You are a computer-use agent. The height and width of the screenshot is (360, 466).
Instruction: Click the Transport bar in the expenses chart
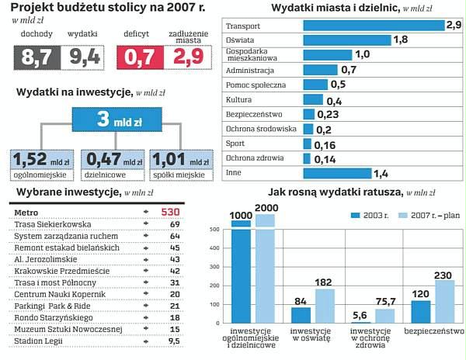pos(373,25)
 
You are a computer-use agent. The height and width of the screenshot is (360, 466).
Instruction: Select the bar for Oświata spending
pos(346,40)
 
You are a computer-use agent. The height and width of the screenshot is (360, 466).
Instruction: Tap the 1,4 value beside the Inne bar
pos(381,173)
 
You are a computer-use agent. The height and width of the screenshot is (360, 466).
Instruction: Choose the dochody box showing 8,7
pos(37,56)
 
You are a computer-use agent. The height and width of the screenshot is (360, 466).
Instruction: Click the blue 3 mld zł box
pos(115,119)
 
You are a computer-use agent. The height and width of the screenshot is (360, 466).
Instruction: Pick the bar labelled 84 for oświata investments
pos(300,314)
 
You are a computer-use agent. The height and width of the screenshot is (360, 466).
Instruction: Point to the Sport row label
pos(234,144)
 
